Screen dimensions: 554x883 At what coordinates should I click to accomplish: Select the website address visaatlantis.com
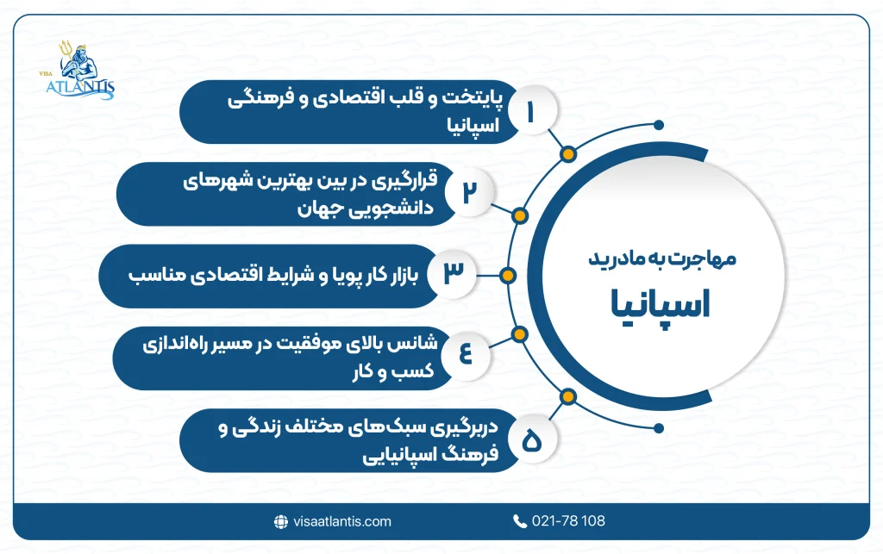pos(341,521)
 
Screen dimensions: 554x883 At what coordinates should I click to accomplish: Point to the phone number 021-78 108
pos(569,521)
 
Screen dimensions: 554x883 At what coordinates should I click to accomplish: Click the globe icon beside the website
pos(280,521)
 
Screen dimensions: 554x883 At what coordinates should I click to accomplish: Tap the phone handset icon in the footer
pos(519,521)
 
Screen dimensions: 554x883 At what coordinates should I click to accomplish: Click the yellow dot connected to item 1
pos(567,155)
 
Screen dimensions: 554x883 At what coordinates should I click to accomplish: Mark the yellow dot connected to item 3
pos(508,276)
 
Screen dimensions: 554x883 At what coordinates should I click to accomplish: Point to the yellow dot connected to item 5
pos(567,396)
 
